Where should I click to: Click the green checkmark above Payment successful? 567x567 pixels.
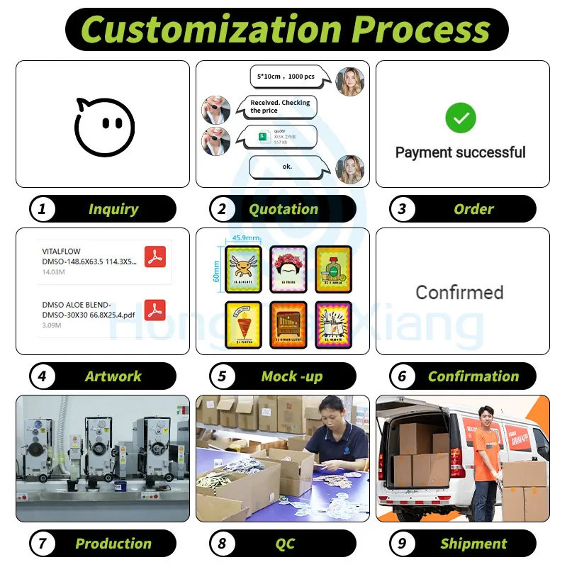460,118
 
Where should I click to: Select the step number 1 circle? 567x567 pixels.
43,209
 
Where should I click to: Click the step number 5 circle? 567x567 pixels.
223,376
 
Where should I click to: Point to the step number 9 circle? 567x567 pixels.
403,544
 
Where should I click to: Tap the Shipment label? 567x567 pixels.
473,544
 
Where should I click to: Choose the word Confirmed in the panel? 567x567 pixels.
459,292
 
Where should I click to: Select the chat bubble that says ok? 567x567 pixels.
288,167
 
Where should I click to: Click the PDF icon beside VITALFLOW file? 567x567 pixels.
155,256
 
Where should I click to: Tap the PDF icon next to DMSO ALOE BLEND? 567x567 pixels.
155,310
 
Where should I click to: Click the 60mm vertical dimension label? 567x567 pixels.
216,269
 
